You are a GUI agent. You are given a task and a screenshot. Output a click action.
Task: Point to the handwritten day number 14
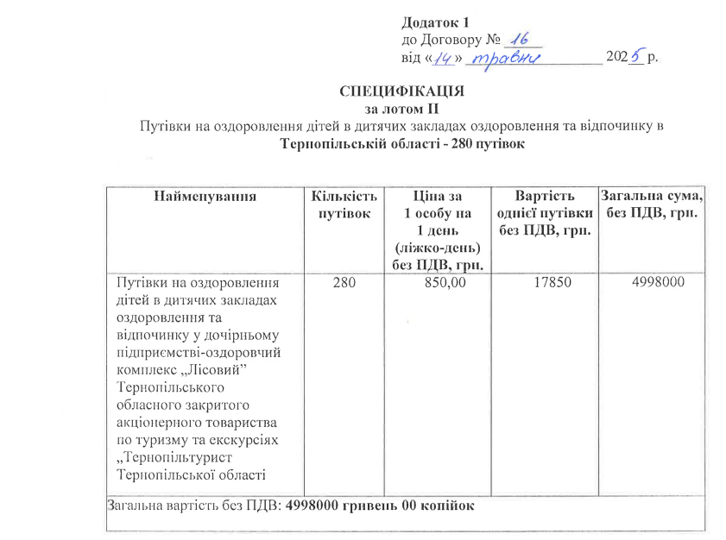click(444, 59)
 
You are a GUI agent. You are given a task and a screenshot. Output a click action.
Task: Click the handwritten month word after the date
click(509, 59)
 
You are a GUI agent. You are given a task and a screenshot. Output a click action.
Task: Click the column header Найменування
click(205, 196)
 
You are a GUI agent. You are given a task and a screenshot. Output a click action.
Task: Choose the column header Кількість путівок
click(344, 204)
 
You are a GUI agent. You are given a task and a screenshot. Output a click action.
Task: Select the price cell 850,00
click(438, 282)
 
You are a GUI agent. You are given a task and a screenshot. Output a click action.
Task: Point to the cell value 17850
click(542, 282)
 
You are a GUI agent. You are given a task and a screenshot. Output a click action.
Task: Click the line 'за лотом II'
click(403, 110)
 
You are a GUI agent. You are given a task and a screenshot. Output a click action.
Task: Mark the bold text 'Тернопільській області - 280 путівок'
click(403, 144)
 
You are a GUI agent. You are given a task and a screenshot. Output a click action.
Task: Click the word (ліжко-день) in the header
click(438, 248)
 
